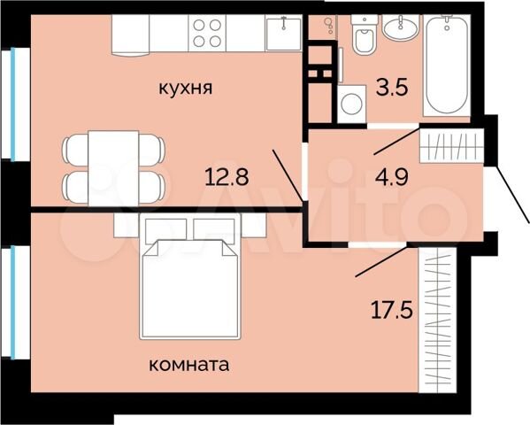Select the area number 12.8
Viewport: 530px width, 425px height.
click(226, 175)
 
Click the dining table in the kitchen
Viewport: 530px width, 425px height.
click(113, 166)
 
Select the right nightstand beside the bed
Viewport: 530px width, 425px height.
click(253, 224)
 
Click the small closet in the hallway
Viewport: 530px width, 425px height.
click(452, 144)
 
